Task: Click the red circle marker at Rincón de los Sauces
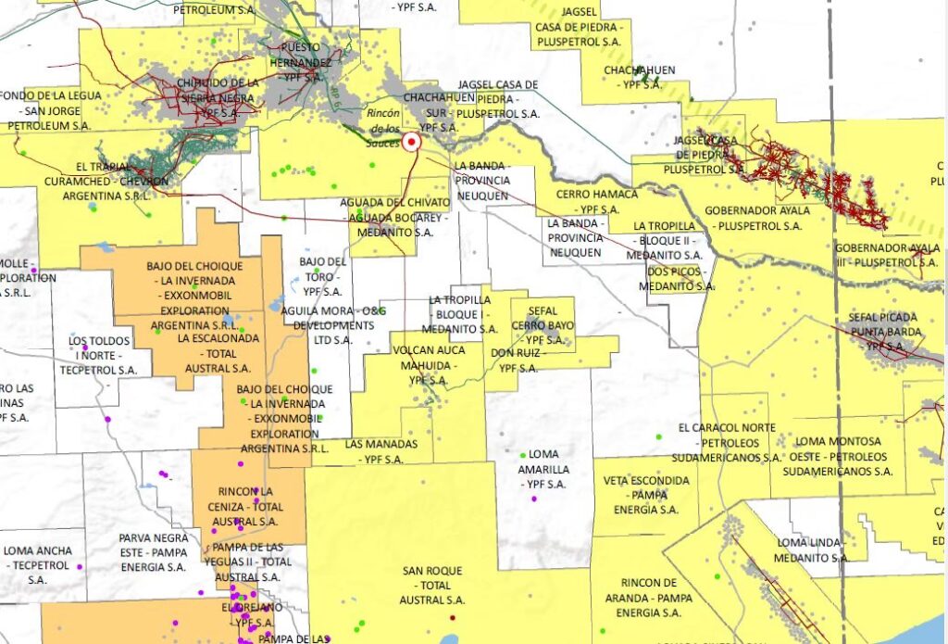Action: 412,142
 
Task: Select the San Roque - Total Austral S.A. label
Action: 427,586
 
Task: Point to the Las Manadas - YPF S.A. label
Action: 380,451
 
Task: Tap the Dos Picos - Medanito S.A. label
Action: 680,279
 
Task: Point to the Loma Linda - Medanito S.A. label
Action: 811,549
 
